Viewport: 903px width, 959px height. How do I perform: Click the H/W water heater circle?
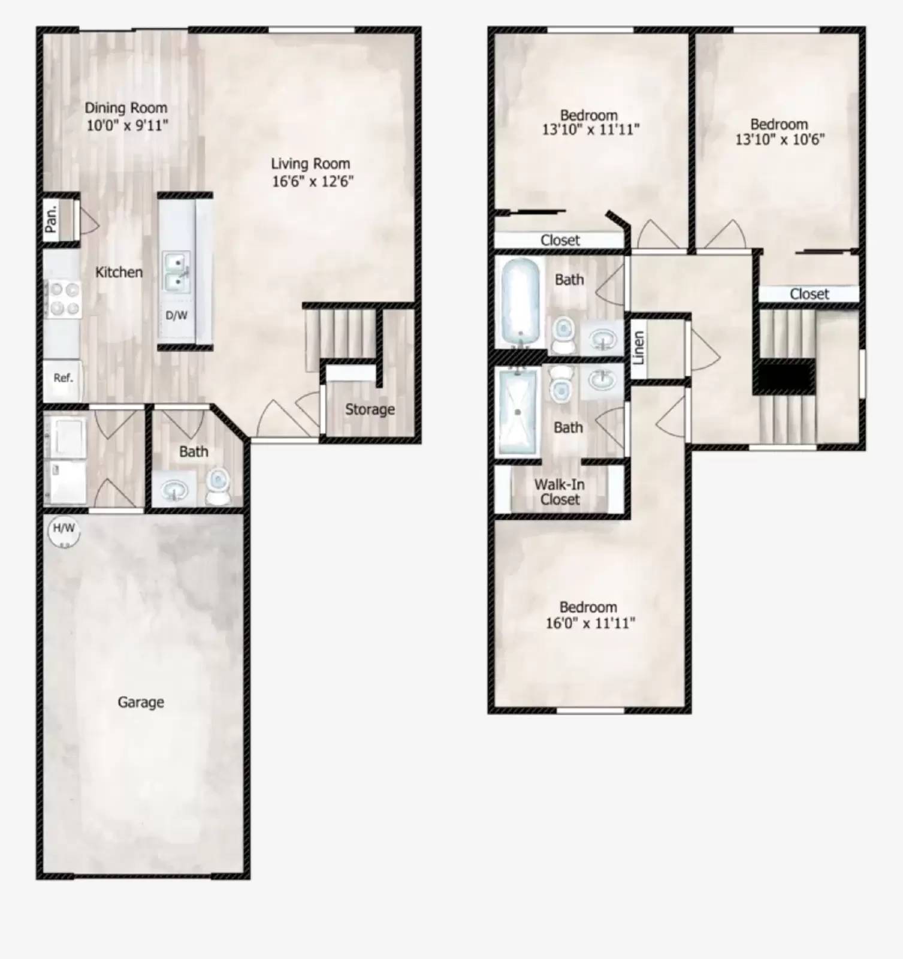coord(63,531)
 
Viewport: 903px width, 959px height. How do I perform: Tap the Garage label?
coord(141,702)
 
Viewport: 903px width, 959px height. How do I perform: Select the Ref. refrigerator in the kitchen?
coord(63,378)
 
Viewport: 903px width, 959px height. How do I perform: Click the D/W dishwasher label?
coord(176,315)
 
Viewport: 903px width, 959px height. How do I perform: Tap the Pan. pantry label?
coord(52,219)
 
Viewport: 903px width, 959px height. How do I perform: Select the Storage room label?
coord(370,409)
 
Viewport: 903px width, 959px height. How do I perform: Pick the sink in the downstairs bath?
coord(174,490)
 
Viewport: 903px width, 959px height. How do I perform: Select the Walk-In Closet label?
coord(560,492)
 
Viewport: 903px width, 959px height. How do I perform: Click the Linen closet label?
coord(638,348)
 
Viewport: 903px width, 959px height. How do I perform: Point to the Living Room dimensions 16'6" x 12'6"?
coord(313,181)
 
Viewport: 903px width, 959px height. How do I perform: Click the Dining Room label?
coord(126,108)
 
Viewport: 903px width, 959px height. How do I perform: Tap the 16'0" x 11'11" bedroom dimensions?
coord(590,623)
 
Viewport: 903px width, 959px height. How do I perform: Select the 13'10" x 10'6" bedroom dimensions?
coord(780,140)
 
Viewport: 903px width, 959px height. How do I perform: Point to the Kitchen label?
coord(119,272)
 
